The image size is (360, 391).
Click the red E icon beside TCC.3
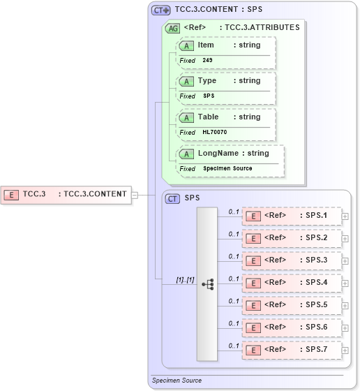tap(12, 194)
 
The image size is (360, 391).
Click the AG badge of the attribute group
tap(172, 28)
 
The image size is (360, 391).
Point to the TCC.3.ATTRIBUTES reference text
tap(259, 28)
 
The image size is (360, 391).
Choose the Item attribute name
tap(206, 45)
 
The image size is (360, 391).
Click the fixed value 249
tap(208, 60)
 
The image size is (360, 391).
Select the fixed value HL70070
tap(214, 132)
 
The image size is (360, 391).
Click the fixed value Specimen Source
tap(227, 168)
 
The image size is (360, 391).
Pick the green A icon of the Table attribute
tap(186, 117)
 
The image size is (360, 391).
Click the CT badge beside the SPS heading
tap(172, 198)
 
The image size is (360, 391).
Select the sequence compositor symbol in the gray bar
tap(207, 284)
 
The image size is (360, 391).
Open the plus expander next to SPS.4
tap(345, 283)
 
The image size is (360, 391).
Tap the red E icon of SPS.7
tap(254, 350)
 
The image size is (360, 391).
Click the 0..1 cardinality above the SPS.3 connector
tap(234, 256)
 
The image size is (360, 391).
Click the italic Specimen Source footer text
tap(177, 381)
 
